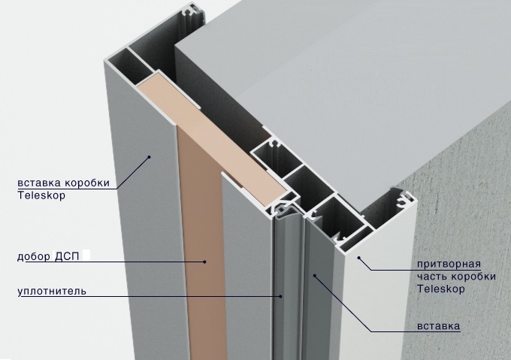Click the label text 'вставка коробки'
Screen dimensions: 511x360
click(x=64, y=183)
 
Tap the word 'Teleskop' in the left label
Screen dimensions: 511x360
click(x=41, y=195)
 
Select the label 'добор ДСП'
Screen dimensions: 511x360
click(x=48, y=256)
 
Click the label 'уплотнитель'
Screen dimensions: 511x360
click(x=52, y=291)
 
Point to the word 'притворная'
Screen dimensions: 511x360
click(x=449, y=264)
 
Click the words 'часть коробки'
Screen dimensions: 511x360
click(x=456, y=277)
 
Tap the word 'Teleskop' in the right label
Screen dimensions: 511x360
click(x=441, y=289)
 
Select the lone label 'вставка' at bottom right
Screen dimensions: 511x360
click(x=439, y=325)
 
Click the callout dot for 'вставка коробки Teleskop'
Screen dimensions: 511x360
click(x=150, y=157)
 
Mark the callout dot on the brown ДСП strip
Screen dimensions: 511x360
click(x=204, y=262)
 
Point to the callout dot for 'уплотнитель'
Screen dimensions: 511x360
click(x=280, y=296)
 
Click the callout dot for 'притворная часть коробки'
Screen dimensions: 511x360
click(x=358, y=258)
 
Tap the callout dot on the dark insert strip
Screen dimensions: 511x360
click(x=315, y=276)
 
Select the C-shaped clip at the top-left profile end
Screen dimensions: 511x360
click(x=193, y=12)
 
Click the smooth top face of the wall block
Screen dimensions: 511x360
click(x=326, y=81)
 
